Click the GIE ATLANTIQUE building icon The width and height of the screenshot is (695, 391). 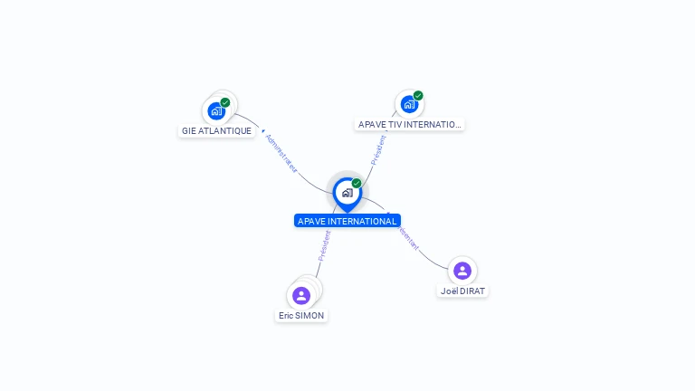point(215,111)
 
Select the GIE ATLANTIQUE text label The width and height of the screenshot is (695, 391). point(216,130)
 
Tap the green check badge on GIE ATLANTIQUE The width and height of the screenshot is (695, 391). point(225,102)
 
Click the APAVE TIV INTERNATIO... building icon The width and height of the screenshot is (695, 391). point(409,104)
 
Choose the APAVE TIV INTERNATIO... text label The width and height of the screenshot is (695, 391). point(410,124)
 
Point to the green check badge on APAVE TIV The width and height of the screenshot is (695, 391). point(418,95)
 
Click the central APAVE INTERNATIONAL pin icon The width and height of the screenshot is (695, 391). point(347,192)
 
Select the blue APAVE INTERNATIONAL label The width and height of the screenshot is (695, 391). point(347,221)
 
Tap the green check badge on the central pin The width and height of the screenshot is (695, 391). point(357,183)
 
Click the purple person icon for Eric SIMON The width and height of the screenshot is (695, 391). point(301,295)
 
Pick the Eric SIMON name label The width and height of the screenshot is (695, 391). point(301,315)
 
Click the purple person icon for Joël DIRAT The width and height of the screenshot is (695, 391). point(462,271)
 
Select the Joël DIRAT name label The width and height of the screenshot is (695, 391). point(462,291)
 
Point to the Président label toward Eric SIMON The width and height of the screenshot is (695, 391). point(324,246)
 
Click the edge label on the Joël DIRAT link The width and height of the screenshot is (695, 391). point(406,237)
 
